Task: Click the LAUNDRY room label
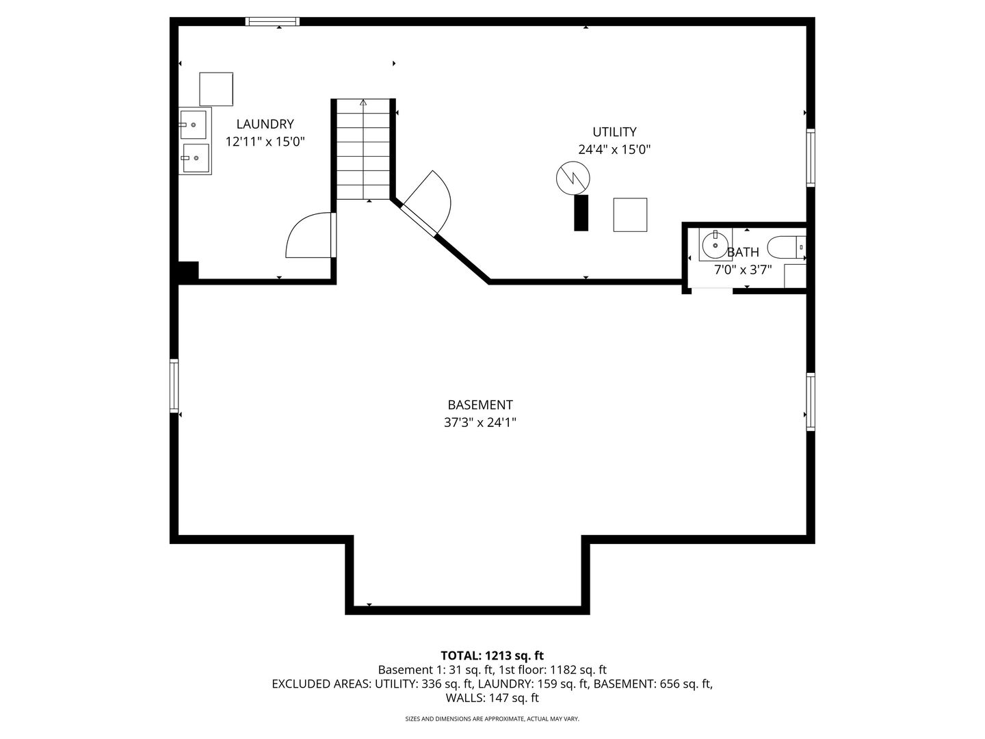(x=265, y=124)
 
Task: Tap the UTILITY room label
(x=614, y=132)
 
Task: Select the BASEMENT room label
(x=480, y=404)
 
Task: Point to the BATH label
(x=743, y=252)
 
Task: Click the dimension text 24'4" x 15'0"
(x=614, y=149)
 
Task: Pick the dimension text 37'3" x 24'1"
(x=480, y=422)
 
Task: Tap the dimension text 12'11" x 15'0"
(x=265, y=142)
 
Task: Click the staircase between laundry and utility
(x=363, y=149)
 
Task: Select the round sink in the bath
(x=715, y=244)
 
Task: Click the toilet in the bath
(x=786, y=247)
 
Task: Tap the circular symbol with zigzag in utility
(x=573, y=178)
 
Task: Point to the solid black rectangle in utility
(x=581, y=213)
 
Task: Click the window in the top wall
(x=272, y=21)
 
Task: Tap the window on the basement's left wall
(x=174, y=385)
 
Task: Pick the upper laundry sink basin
(x=194, y=125)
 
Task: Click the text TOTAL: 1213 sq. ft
(x=492, y=656)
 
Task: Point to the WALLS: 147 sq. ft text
(x=492, y=698)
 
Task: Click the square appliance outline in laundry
(x=216, y=89)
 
